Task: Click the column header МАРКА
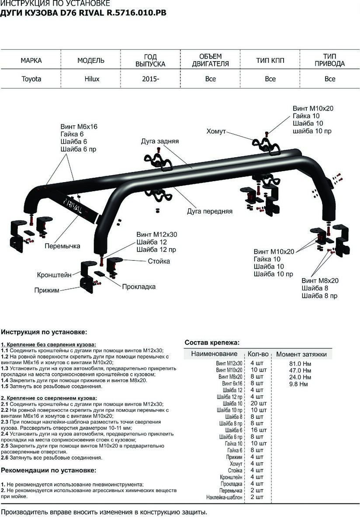31,60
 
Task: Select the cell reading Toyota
31,79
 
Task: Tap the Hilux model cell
92,79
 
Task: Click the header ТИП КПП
270,60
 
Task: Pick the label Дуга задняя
160,141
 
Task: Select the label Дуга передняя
209,211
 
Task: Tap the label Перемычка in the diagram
62,246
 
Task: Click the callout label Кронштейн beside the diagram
54,275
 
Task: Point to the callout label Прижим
46,290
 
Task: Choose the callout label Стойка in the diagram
159,261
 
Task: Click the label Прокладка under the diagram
139,287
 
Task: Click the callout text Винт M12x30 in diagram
156,234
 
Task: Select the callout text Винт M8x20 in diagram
320,280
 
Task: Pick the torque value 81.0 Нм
300,363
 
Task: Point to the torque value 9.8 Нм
298,384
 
